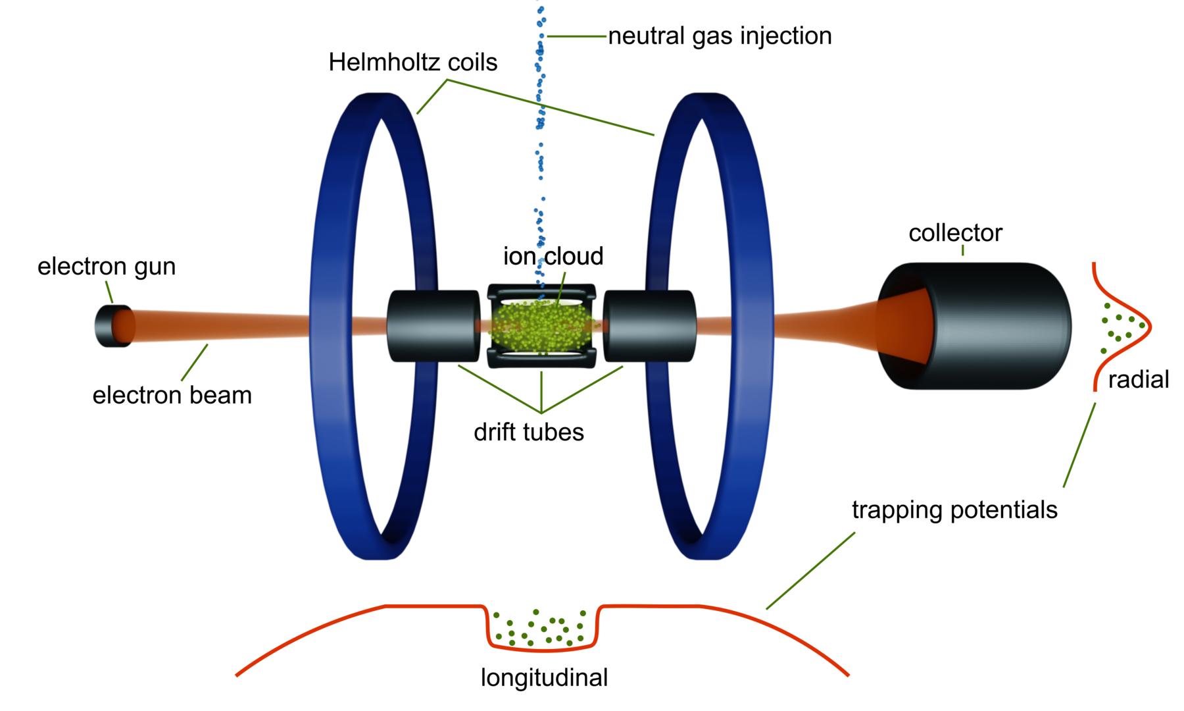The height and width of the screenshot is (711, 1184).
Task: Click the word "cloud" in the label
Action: tap(574, 256)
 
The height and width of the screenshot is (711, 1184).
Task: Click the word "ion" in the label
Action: tap(521, 257)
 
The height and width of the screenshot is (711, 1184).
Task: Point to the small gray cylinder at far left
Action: tap(104, 326)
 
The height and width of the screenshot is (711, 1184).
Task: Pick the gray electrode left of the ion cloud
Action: tap(432, 326)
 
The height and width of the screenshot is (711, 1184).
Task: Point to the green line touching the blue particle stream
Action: tap(576, 37)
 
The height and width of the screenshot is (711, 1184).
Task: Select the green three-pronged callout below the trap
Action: tap(541, 395)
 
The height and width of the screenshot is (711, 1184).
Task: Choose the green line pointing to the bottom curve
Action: tap(810, 571)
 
